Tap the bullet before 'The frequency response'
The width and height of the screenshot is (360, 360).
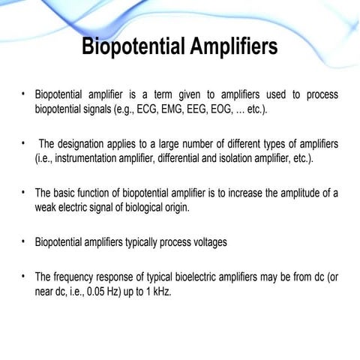tap(24, 274)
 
